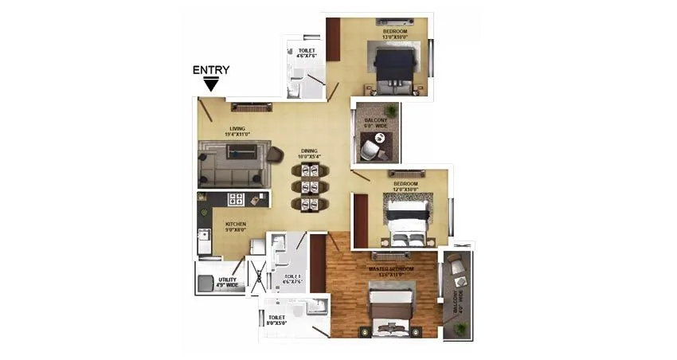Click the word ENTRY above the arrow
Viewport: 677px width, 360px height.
tap(211, 70)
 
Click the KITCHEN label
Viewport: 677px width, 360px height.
tap(236, 225)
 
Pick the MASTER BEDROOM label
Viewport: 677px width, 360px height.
tap(390, 270)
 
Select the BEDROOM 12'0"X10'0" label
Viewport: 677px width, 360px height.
tap(405, 186)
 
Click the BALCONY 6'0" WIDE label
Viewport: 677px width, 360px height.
tap(375, 123)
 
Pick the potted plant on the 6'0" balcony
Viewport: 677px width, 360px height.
tap(390, 111)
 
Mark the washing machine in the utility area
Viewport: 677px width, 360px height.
tap(207, 282)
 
